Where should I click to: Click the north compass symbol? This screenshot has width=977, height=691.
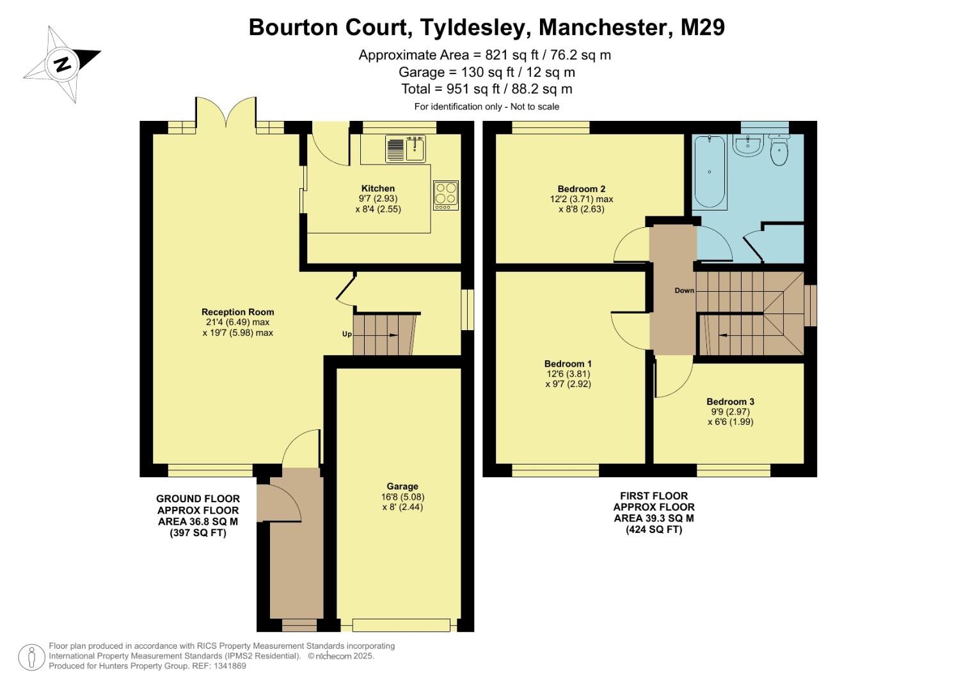(62, 64)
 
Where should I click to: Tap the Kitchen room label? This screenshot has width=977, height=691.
(378, 189)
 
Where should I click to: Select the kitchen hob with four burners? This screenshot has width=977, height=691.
(446, 195)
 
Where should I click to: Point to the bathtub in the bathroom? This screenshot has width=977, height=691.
(709, 171)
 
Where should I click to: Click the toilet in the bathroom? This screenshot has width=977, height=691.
(779, 151)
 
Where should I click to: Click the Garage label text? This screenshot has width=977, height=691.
(402, 486)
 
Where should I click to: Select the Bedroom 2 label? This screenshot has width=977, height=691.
(581, 189)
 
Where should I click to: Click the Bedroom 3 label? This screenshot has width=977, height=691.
(730, 402)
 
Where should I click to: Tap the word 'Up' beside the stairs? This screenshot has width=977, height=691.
(346, 334)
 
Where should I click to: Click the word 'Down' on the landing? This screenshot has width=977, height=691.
(684, 290)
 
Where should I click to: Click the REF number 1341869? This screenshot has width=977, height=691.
(229, 666)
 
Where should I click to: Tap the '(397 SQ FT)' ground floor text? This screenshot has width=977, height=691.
(198, 532)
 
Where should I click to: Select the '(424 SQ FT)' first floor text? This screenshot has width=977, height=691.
(653, 529)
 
